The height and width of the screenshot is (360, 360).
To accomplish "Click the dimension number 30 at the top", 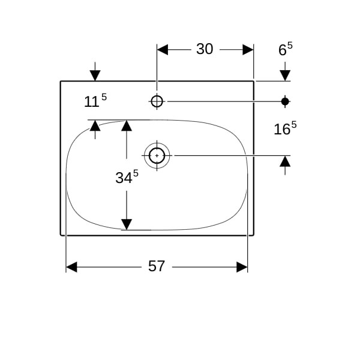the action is coord(205,49).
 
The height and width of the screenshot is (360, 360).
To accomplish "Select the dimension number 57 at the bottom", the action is coord(157,266).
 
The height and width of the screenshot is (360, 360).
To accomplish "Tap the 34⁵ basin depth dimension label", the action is coord(127,176).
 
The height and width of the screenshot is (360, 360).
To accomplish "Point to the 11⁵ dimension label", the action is coord(95,100).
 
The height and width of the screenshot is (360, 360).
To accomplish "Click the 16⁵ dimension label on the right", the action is coord(285,128).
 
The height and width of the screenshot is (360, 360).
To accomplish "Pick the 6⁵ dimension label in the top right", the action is coord(286,49).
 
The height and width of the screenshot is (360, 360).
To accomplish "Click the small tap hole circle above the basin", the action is coord(157,101).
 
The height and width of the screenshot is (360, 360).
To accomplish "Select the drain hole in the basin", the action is coord(157,155).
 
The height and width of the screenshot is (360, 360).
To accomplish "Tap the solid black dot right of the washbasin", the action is coord(285,101).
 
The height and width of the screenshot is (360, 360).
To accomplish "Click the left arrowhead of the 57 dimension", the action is coord(71,267).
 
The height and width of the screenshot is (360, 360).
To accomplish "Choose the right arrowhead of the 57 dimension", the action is coord(242,267).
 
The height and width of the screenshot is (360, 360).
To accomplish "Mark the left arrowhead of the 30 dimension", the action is coord(163,50).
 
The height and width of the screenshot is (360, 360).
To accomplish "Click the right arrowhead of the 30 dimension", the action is coord(248,50).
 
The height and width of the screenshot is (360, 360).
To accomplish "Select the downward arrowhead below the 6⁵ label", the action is coord(285,76).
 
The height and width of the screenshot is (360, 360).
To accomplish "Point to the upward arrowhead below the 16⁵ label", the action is coord(285,161).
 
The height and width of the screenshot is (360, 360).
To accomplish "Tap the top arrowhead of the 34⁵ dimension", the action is coord(127,125).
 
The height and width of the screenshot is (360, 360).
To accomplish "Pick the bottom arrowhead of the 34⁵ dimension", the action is coord(127,224).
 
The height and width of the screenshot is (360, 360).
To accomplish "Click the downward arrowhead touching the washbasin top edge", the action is coord(95,76).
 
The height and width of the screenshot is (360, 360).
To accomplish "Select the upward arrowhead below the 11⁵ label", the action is coord(95,125).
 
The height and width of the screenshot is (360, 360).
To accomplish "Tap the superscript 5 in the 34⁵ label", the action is coord(136,173).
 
